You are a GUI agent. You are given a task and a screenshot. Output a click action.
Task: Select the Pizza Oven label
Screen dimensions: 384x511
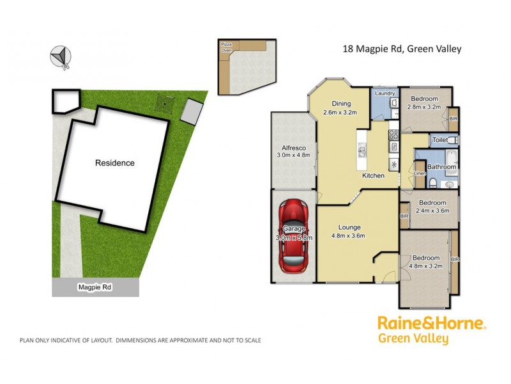226,47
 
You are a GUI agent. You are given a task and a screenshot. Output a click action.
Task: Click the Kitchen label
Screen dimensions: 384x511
373,175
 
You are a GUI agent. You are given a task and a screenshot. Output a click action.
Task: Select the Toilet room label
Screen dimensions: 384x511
439,140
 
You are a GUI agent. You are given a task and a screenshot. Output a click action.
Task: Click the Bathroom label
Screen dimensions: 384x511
442,167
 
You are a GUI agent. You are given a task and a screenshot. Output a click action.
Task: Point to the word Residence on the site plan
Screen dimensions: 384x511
115,163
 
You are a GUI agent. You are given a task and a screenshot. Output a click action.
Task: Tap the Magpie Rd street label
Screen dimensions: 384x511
95,288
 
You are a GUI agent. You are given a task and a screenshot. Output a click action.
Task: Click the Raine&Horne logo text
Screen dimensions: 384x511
431,323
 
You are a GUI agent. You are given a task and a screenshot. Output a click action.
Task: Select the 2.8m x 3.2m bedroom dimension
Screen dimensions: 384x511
424,107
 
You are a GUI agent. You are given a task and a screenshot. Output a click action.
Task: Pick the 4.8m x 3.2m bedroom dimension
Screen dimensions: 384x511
424,266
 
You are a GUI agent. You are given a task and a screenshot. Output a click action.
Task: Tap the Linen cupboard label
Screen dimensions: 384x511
420,173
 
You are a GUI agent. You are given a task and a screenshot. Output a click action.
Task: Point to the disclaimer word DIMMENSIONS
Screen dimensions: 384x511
138,340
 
